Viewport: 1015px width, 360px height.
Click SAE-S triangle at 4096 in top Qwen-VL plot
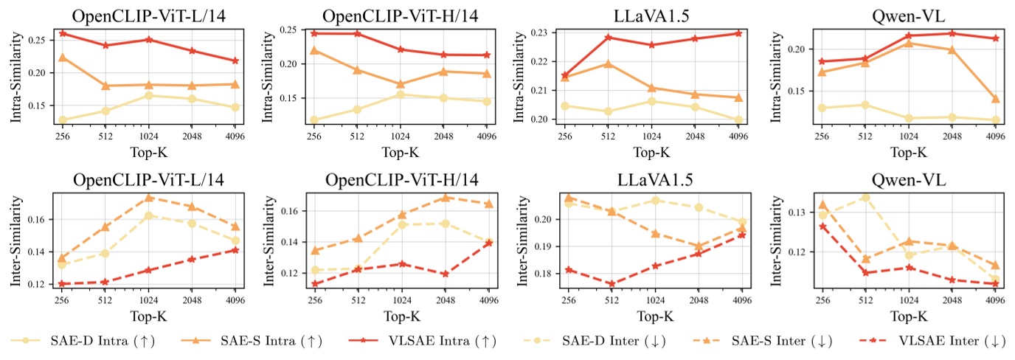995,99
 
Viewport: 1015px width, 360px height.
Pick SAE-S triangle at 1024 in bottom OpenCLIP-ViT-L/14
149,198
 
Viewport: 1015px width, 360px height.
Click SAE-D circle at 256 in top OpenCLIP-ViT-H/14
315,120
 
